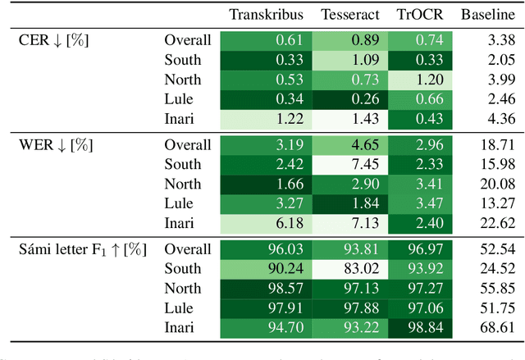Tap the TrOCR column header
click(x=415, y=15)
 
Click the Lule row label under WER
click(x=179, y=204)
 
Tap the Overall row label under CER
click(x=187, y=40)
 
